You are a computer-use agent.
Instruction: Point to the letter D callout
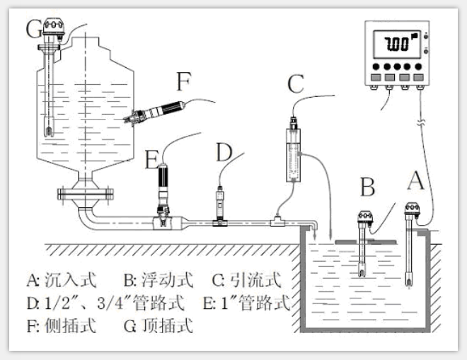[x=224, y=153]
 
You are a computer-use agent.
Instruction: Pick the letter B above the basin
[x=367, y=189]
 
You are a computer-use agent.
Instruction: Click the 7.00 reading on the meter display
[x=397, y=44]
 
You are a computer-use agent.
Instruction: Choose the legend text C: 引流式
[x=246, y=281]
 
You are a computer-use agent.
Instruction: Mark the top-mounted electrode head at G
[x=52, y=28]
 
